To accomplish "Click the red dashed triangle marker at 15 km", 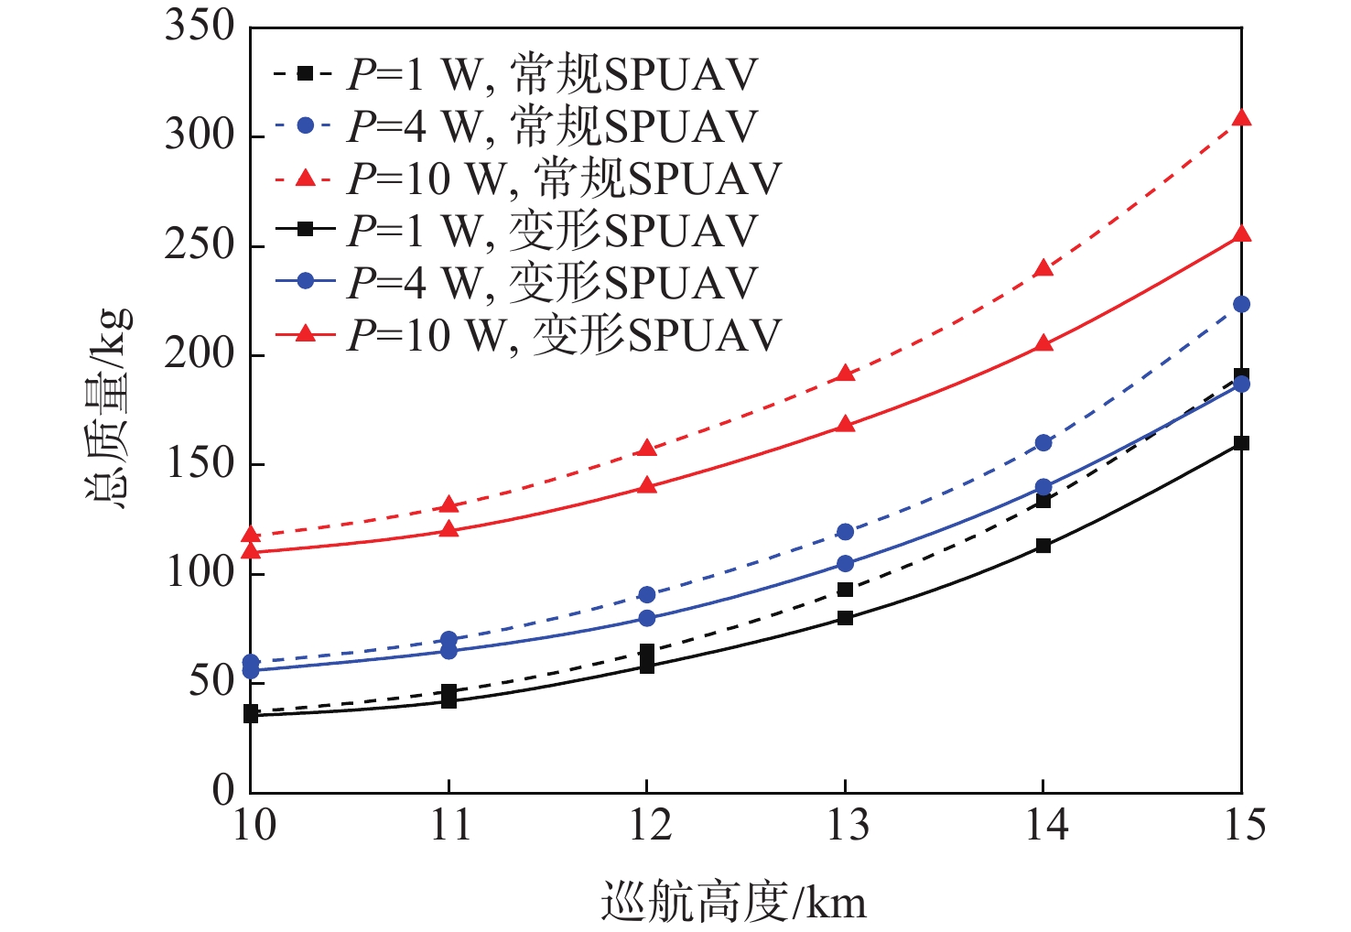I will [1241, 118].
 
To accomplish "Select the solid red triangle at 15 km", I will [1241, 234].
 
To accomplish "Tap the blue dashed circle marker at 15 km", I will [1241, 304].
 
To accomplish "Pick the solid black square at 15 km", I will [1241, 443].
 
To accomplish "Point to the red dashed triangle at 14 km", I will [1043, 268].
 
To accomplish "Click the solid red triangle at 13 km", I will [845, 425].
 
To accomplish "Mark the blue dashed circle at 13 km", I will [845, 532].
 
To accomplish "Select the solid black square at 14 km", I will [1043, 546].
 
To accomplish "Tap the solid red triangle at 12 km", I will [647, 485].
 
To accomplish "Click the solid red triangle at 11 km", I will [449, 529].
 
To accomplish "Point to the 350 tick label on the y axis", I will [200, 26].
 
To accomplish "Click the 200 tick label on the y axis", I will [200, 354].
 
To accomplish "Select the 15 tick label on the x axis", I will [1243, 826].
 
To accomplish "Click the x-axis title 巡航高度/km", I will [733, 903].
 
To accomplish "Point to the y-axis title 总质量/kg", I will [108, 407].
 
